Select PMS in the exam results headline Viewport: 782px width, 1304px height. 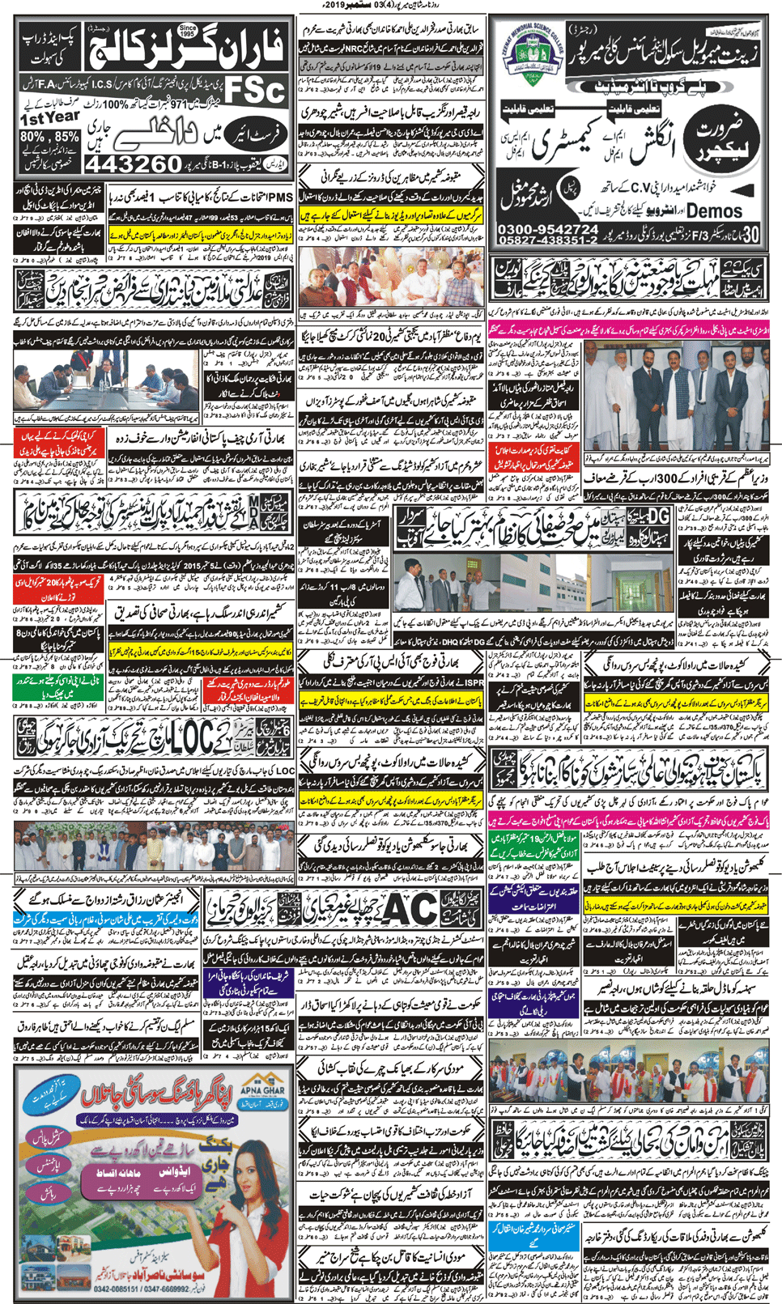[x=280, y=197]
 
